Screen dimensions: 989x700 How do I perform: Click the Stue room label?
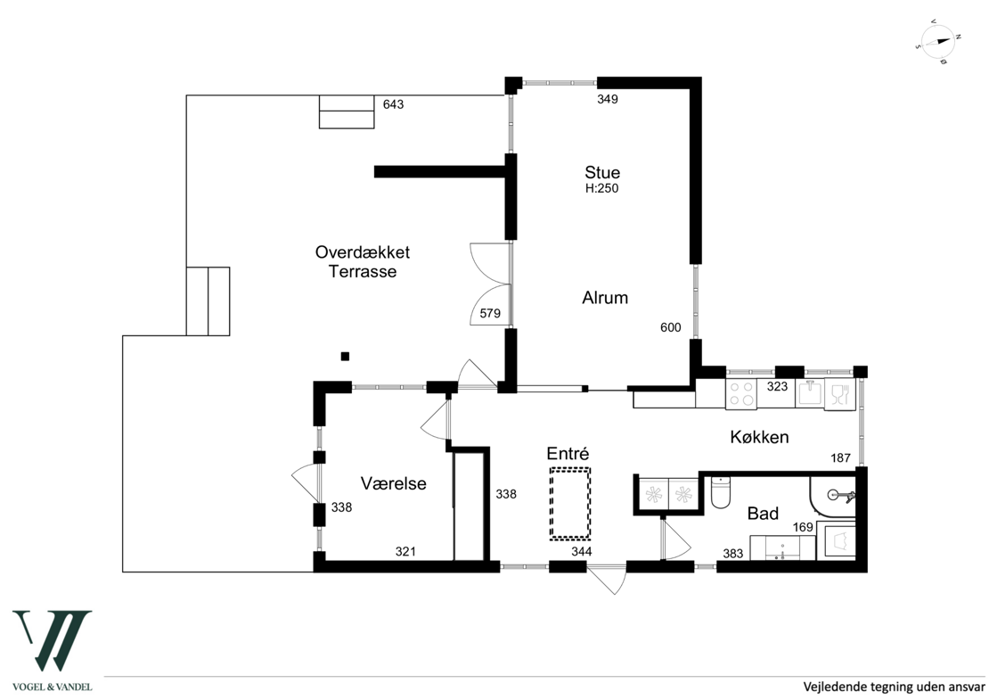(x=602, y=172)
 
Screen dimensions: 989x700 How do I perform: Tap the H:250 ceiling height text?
(x=601, y=188)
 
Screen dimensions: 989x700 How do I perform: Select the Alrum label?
(x=605, y=297)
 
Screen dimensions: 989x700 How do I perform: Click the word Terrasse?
(x=363, y=272)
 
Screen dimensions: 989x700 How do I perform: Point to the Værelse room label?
(x=394, y=483)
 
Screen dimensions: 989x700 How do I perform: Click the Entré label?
(x=568, y=453)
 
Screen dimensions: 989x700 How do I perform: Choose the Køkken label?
(x=759, y=437)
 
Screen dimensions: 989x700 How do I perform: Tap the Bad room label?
(x=763, y=514)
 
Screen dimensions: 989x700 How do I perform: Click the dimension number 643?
(x=393, y=104)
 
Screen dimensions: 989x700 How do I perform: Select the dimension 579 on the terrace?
(x=490, y=313)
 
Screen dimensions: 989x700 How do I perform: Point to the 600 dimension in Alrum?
(x=671, y=327)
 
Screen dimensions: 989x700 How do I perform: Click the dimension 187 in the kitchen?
(x=841, y=458)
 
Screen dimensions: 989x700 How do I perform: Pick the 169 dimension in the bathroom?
(x=803, y=526)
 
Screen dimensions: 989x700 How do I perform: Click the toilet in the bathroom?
(x=720, y=492)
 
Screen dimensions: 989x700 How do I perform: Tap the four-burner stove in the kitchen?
(x=741, y=394)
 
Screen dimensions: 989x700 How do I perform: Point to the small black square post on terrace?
(x=345, y=357)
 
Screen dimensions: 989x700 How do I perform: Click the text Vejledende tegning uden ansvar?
(x=894, y=686)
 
